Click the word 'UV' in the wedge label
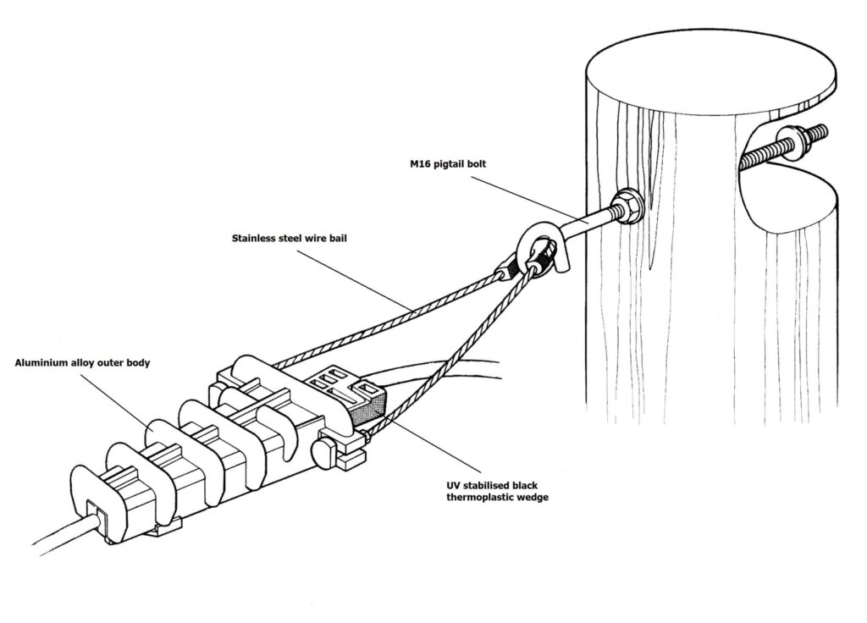(x=453, y=485)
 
